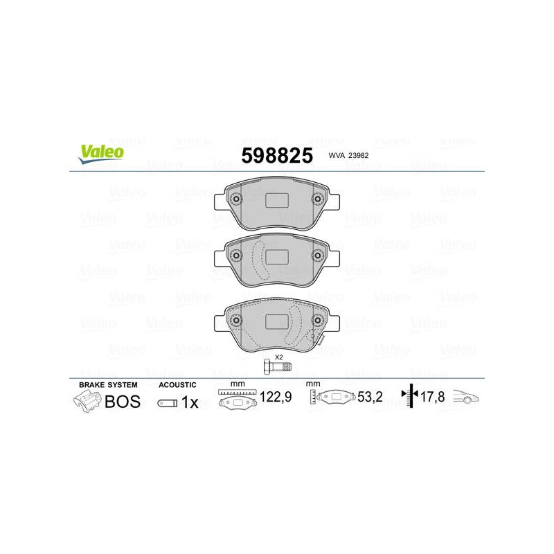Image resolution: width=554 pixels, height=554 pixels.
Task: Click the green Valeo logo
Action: click(101, 154)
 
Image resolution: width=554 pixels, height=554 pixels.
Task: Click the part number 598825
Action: click(277, 155)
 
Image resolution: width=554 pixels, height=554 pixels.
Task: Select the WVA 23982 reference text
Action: click(348, 155)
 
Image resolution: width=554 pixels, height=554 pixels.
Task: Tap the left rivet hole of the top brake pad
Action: click(236, 199)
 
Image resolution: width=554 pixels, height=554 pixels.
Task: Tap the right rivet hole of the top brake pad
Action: click(317, 199)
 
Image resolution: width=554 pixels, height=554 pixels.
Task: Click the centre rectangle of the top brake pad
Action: click(276, 200)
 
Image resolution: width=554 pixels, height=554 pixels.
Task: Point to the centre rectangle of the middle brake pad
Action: click(276, 257)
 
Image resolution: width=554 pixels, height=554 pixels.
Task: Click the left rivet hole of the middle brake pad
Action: click(236, 255)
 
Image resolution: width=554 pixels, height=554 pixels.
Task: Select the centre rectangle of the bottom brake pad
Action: click(276, 321)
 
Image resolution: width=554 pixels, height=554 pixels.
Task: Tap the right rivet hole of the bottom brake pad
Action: click(317, 320)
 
